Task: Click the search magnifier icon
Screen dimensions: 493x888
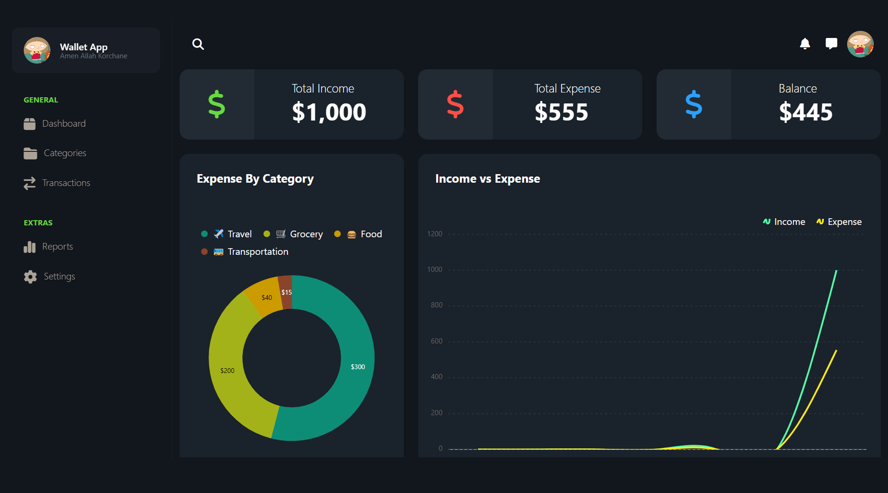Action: [x=198, y=44]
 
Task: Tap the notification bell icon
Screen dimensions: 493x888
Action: [x=805, y=44]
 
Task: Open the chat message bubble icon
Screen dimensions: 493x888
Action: [x=831, y=44]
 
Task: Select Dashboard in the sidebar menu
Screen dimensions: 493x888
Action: [x=64, y=124]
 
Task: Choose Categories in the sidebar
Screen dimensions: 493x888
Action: [x=65, y=153]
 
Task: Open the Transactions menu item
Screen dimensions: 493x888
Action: [x=66, y=183]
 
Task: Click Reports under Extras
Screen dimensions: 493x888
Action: [x=57, y=247]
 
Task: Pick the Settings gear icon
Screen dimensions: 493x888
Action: [x=30, y=277]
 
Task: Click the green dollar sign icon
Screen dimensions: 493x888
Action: [x=217, y=104]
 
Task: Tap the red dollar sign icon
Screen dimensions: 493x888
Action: [x=455, y=104]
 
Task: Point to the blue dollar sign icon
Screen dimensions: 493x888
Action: [x=694, y=104]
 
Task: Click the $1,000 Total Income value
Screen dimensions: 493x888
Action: [x=329, y=112]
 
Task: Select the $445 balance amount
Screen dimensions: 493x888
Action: [x=806, y=112]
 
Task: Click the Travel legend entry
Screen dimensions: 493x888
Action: [x=233, y=234]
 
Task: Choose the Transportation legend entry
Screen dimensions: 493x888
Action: [x=251, y=251]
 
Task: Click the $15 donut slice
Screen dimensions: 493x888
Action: [x=286, y=292]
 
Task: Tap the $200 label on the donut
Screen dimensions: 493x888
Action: [x=227, y=371]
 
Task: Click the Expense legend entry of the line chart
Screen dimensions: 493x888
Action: [x=839, y=222]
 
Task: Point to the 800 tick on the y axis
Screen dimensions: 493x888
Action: [x=436, y=305]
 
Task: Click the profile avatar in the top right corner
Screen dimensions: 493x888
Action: [x=860, y=44]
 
